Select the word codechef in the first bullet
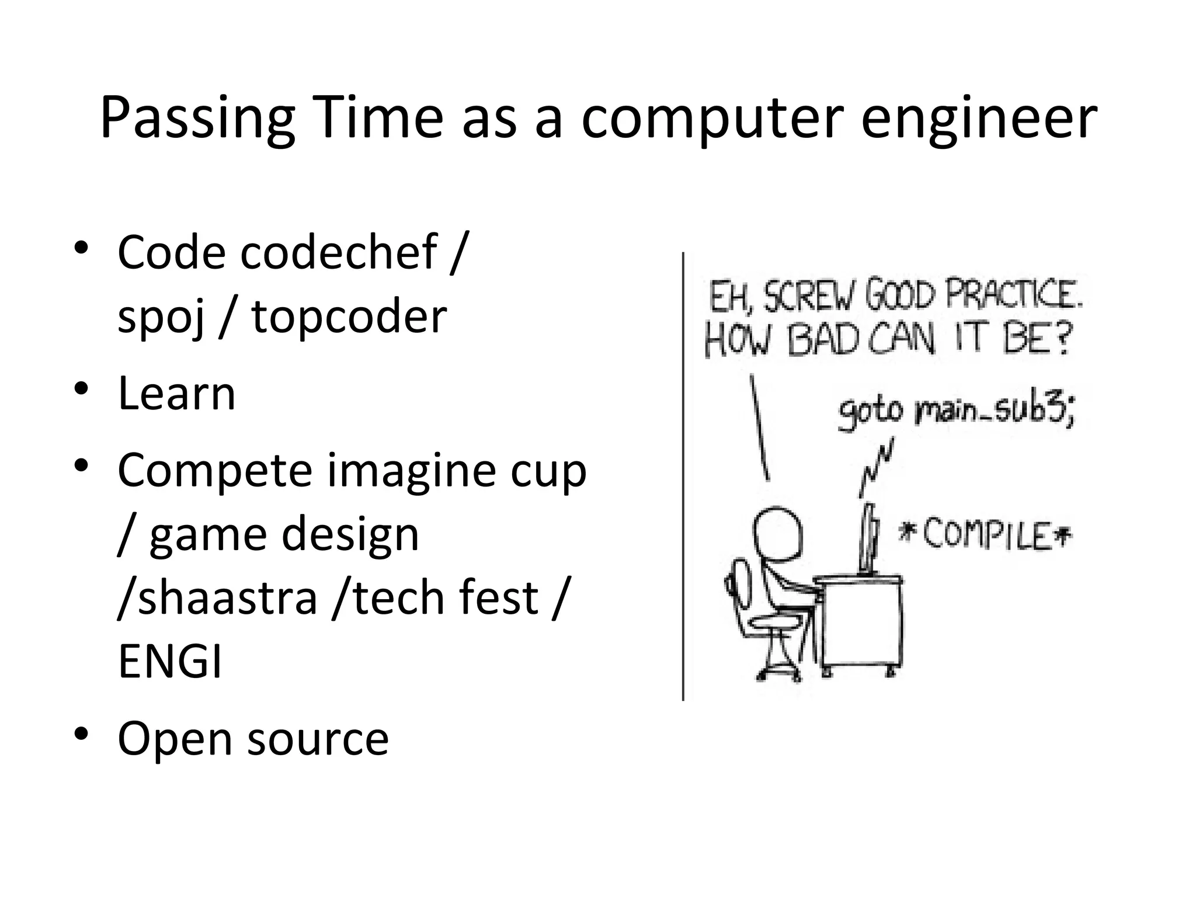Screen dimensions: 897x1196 (339, 252)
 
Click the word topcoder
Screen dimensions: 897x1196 (349, 317)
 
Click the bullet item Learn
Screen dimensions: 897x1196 (176, 394)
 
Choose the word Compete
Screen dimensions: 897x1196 (215, 471)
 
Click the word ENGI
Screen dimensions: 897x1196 (170, 662)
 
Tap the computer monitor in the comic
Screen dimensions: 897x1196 (869, 540)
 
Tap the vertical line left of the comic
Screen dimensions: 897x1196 (683, 476)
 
